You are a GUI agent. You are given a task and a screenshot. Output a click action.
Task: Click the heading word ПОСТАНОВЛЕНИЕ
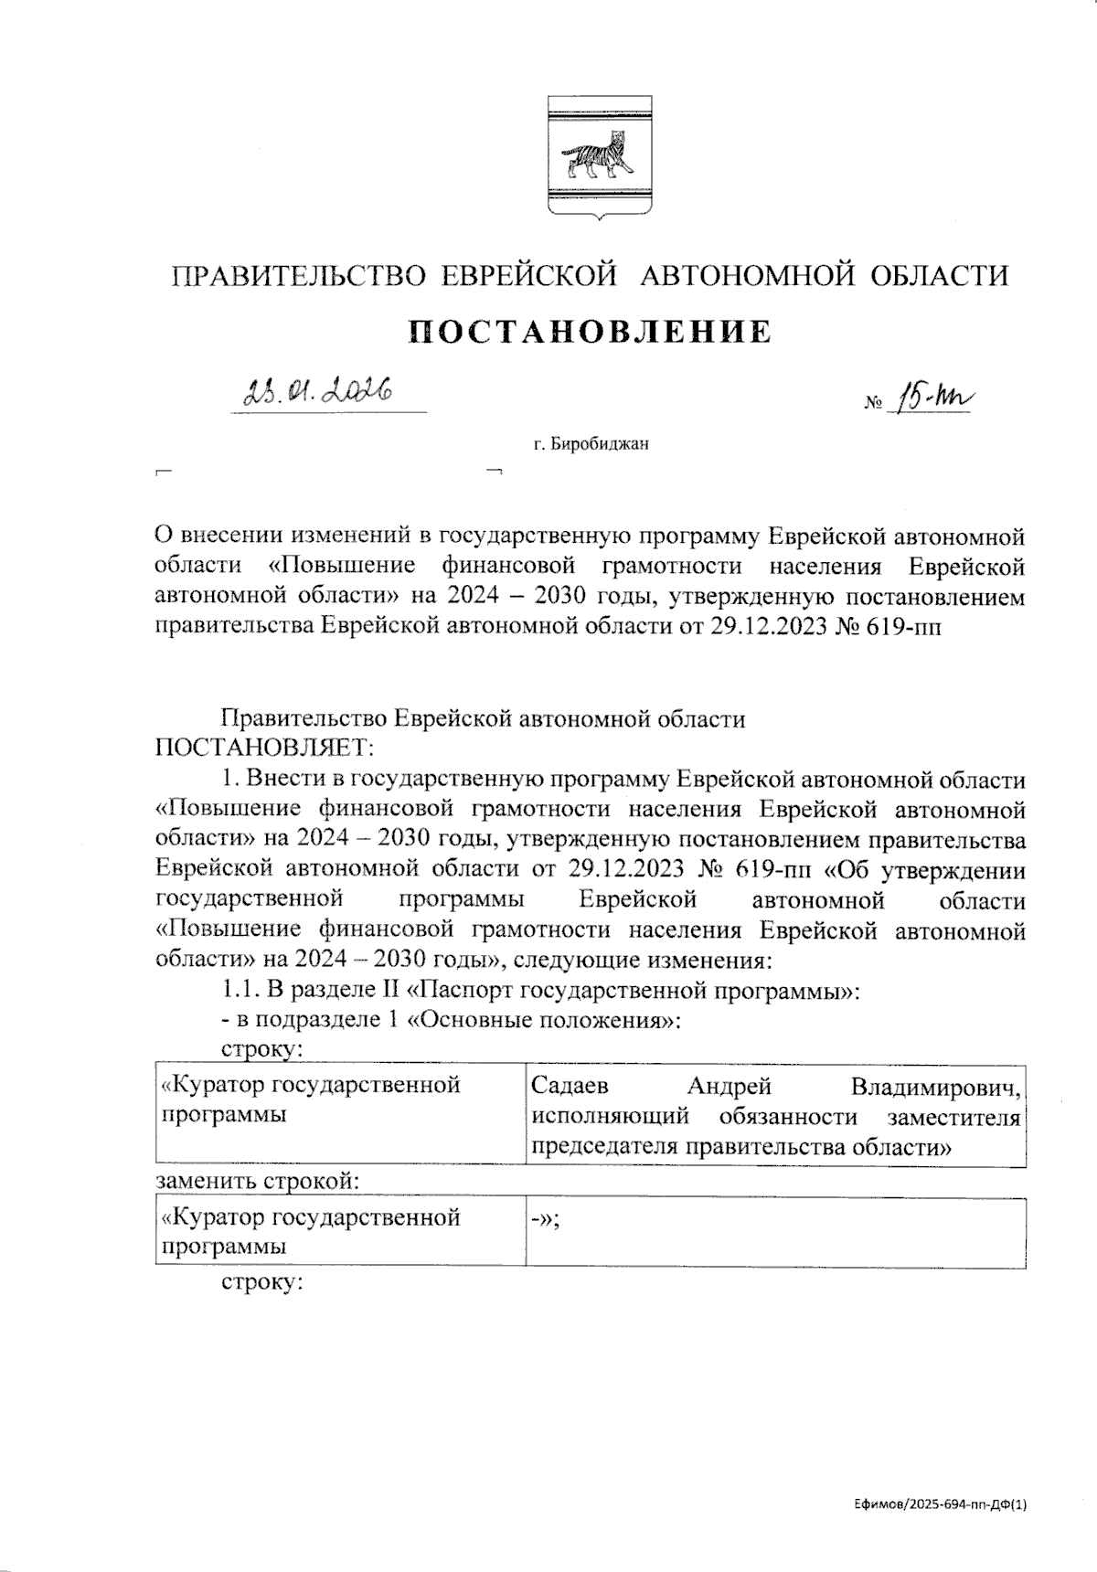590,332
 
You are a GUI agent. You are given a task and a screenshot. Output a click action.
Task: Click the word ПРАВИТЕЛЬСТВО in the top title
300,275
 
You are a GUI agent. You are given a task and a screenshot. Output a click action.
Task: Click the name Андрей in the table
730,1087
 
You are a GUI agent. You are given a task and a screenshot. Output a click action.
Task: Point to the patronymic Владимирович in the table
934,1087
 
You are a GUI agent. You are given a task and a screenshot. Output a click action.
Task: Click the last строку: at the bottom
262,1282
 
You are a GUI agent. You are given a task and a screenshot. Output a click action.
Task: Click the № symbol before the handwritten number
872,402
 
